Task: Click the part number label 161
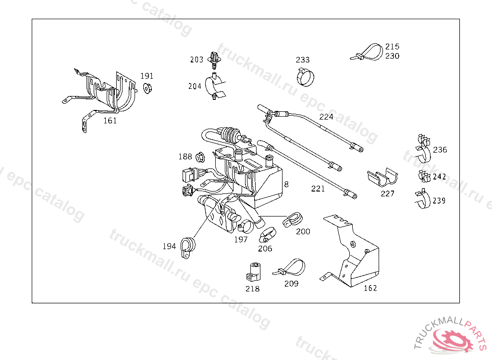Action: (x=110, y=121)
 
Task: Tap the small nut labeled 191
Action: (x=147, y=88)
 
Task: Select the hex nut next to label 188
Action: (x=200, y=157)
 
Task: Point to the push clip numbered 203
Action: (x=214, y=60)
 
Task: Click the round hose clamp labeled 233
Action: (x=306, y=77)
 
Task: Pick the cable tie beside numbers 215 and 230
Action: (x=367, y=52)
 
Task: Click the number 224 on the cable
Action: (x=326, y=117)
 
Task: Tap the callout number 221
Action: (x=318, y=189)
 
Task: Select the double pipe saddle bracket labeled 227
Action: (x=382, y=178)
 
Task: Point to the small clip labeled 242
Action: (x=425, y=176)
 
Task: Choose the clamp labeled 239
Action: (x=423, y=199)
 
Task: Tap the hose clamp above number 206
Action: (x=267, y=235)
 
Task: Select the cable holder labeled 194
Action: (x=188, y=248)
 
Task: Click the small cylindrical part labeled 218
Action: (x=254, y=272)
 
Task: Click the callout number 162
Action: (x=370, y=288)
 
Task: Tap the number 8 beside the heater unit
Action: (x=286, y=184)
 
